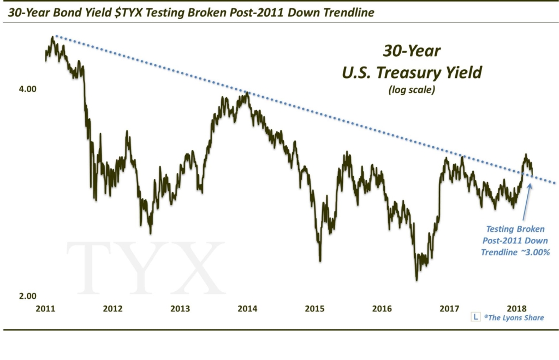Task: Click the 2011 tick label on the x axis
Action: tap(45, 309)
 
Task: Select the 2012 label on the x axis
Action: tap(112, 309)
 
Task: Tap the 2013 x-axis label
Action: tap(180, 309)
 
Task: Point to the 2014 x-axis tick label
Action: tap(247, 309)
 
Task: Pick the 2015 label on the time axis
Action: tap(315, 309)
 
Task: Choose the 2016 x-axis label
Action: tap(382, 309)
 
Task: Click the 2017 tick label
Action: tap(449, 309)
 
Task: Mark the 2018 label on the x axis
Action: tap(517, 309)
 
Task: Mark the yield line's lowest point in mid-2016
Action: tap(417, 280)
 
